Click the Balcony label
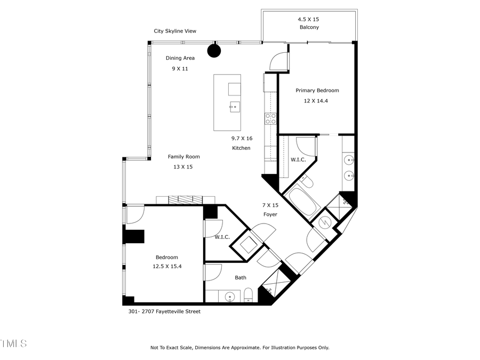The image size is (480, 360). pos(309,27)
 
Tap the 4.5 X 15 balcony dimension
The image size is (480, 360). pos(308,19)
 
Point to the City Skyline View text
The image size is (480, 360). pos(175,31)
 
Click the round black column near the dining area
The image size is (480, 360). pos(214,51)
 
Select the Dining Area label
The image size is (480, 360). pos(180,58)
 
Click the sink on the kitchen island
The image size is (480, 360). pos(234,107)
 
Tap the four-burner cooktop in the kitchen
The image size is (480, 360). pos(270,118)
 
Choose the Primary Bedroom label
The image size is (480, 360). pos(317,90)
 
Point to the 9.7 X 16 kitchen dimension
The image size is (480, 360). pos(242,138)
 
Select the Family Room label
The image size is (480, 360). pos(183,156)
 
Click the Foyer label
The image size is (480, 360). pos(270,214)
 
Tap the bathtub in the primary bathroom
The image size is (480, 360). pos(301,202)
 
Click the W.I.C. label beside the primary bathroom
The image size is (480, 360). pos(298,159)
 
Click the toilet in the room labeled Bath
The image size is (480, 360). pos(248,295)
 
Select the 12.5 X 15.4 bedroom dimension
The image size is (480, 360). pos(167,267)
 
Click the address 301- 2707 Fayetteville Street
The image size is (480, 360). pos(164,311)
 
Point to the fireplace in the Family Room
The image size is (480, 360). pos(179,199)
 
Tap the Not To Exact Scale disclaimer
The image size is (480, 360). pos(239,348)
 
